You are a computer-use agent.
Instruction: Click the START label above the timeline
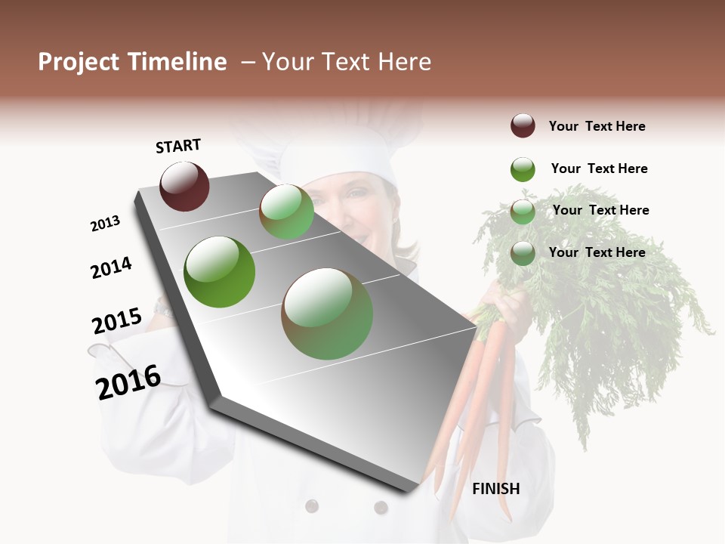point(178,146)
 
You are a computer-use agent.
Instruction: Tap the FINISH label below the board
point(496,489)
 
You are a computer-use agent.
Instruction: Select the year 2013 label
point(105,224)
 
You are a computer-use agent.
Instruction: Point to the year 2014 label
point(111,267)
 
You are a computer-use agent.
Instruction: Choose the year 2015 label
point(117,321)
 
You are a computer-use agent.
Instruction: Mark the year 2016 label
point(128,382)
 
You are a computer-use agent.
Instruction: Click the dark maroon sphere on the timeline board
point(184,186)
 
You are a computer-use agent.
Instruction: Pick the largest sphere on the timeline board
point(327,314)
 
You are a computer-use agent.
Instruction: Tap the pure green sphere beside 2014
point(219,272)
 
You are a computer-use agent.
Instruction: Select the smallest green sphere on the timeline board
point(287,212)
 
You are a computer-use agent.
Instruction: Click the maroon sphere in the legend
point(523,126)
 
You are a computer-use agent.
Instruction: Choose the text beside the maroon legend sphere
point(597,126)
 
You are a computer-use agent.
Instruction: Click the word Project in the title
point(79,62)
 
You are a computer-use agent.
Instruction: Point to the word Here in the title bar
point(404,62)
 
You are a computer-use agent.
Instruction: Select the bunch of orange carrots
point(476,393)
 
